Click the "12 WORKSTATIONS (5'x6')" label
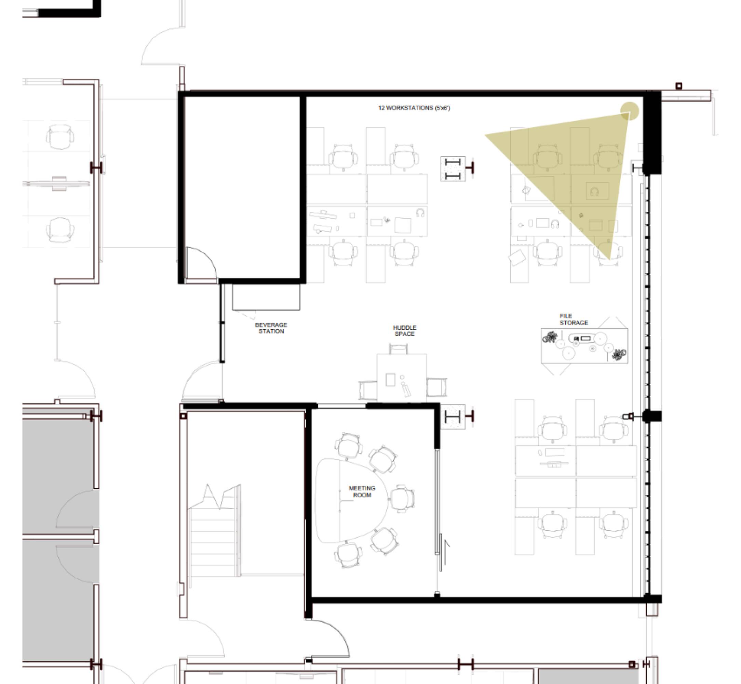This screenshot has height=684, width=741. (414, 108)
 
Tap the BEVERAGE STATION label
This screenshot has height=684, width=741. (271, 328)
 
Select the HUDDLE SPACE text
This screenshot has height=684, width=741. (404, 330)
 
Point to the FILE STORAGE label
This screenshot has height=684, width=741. (574, 319)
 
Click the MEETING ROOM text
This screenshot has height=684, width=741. (362, 491)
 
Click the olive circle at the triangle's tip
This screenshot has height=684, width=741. (629, 111)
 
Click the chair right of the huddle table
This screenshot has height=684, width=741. (436, 387)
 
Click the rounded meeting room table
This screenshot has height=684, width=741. (351, 500)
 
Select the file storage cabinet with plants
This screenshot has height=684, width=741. (584, 346)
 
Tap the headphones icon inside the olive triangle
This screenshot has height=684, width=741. (594, 192)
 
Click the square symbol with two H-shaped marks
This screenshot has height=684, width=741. (453, 169)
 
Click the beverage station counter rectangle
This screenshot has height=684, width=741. (266, 297)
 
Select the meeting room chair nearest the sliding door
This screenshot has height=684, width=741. (403, 498)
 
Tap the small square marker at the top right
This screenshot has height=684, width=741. (679, 86)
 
